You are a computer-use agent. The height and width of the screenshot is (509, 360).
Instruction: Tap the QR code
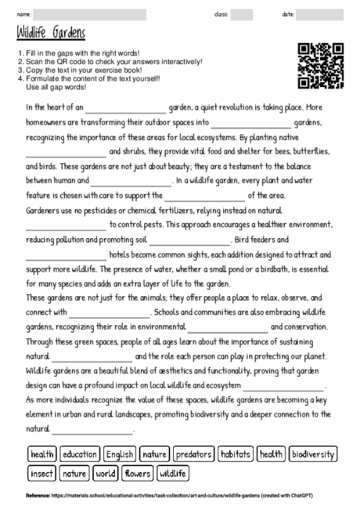321,65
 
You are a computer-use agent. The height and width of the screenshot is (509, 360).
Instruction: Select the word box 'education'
79,454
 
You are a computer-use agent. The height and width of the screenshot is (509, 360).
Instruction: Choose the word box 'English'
120,454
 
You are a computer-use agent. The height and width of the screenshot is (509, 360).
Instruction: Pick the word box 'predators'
193,454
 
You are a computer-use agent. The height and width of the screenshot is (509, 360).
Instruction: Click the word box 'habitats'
236,454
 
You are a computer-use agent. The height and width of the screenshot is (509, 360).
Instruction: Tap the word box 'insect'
41,474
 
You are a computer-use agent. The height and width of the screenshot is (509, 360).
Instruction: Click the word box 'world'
105,474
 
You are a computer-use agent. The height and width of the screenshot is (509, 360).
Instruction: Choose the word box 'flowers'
138,474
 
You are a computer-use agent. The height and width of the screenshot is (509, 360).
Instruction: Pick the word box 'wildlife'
174,474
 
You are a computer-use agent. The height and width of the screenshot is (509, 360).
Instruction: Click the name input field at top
89,14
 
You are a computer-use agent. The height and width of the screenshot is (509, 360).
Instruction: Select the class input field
242,14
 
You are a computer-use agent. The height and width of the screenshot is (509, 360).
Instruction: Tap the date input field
321,14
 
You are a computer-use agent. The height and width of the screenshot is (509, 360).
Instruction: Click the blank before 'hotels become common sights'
66,255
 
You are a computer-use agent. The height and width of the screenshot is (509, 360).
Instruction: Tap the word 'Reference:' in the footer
38,496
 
